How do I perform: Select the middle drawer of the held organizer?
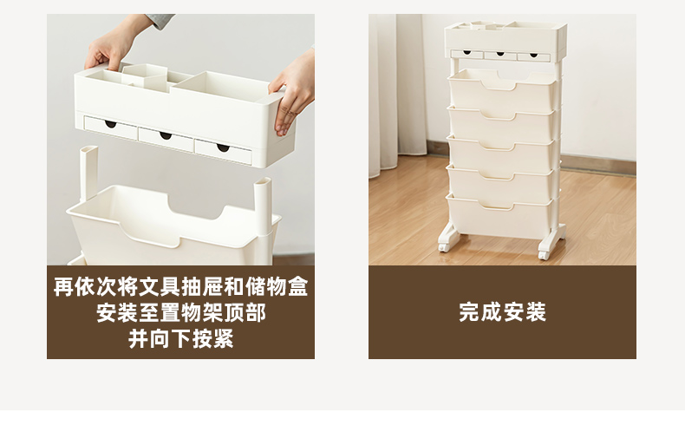(166, 137)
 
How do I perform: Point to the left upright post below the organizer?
(88, 173)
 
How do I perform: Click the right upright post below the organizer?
(263, 206)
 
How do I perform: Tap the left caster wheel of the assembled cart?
(444, 247)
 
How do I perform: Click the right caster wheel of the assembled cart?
(545, 254)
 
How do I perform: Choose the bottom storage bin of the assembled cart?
(502, 216)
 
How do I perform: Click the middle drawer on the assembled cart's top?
(500, 56)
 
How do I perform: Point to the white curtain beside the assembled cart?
(396, 94)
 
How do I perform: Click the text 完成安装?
(502, 312)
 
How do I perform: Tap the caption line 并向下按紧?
(181, 339)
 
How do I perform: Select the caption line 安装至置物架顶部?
(181, 313)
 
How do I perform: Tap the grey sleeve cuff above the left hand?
(160, 21)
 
